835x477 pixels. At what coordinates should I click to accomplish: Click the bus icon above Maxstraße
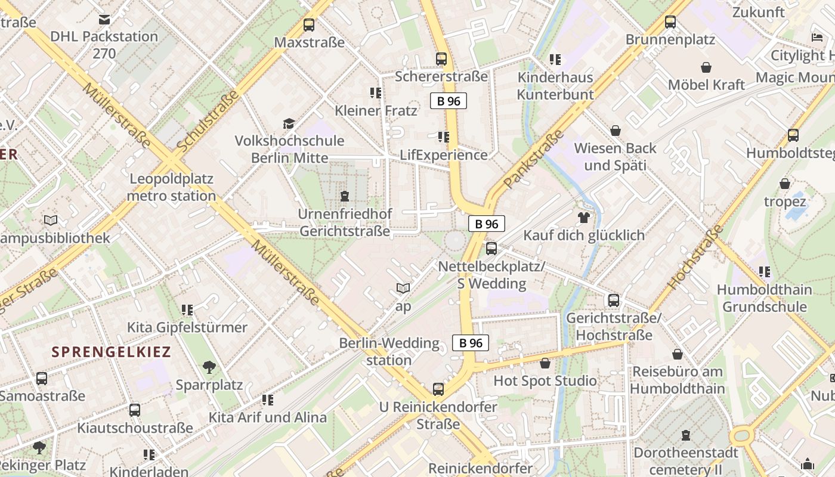308,25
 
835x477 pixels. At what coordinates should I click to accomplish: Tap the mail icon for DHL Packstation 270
104,20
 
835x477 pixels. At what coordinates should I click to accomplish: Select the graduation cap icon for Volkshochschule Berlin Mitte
289,123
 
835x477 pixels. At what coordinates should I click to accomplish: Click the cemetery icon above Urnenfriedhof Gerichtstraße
344,196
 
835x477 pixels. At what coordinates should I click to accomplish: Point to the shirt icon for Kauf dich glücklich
583,218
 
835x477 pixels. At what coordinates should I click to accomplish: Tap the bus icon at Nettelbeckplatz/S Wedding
491,248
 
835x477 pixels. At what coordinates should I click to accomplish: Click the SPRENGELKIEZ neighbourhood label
111,352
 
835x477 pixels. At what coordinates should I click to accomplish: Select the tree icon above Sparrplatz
209,367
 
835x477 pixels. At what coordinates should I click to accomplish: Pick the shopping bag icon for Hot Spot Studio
545,363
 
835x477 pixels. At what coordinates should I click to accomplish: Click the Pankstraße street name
534,159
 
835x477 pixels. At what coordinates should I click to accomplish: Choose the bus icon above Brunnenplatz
670,22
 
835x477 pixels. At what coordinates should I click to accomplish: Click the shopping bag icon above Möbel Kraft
706,67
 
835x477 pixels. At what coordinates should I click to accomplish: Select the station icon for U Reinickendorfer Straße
438,389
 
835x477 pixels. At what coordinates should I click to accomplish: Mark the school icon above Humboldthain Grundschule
764,272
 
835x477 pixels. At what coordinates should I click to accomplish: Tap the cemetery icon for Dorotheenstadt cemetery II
686,435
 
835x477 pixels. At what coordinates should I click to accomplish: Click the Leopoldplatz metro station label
171,187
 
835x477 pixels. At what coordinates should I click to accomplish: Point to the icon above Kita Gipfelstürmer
187,310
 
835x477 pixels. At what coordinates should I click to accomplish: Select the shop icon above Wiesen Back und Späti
615,131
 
